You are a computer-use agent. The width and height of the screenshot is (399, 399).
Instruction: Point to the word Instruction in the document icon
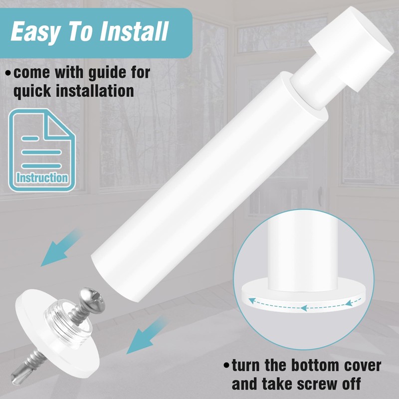pyautogui.click(x=42, y=178)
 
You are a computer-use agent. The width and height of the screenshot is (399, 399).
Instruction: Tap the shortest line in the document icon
pyautogui.click(x=30, y=139)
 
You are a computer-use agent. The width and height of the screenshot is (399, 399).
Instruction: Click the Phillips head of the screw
pyautogui.click(x=93, y=299)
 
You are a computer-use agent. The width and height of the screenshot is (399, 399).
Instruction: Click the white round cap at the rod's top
pyautogui.click(x=352, y=48)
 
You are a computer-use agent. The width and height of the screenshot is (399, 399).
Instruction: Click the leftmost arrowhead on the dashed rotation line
pyautogui.click(x=252, y=301)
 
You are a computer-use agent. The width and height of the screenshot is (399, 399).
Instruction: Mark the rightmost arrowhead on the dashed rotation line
pyautogui.click(x=350, y=303)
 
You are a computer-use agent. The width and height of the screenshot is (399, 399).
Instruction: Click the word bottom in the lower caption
pyautogui.click(x=315, y=366)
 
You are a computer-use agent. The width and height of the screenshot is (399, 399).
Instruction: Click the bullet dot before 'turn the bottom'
pyautogui.click(x=226, y=366)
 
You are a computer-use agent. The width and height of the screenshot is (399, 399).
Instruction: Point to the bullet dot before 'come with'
pyautogui.click(x=8, y=73)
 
